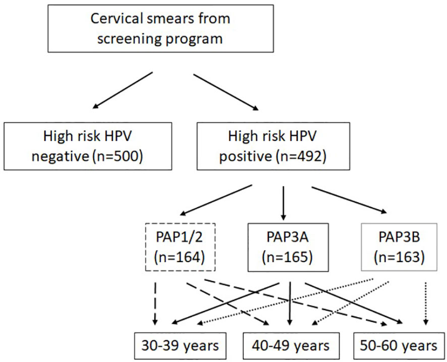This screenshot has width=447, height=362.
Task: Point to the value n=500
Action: click(118, 156)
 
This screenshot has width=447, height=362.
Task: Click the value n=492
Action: click(301, 156)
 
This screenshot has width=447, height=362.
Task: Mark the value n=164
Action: click(180, 257)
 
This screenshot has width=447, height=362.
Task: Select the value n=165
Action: click(288, 257)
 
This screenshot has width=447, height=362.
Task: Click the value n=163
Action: click(399, 257)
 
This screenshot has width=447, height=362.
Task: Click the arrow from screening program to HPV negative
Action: click(123, 90)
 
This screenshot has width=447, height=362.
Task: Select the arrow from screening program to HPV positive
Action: click(226, 92)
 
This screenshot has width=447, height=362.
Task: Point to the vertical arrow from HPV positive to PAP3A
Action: click(283, 203)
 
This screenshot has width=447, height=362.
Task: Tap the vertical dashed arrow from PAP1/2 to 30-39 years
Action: click(155, 304)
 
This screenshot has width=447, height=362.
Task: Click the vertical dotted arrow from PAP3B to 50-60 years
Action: click(426, 304)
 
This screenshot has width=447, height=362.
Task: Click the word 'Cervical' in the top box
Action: click(117, 19)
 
